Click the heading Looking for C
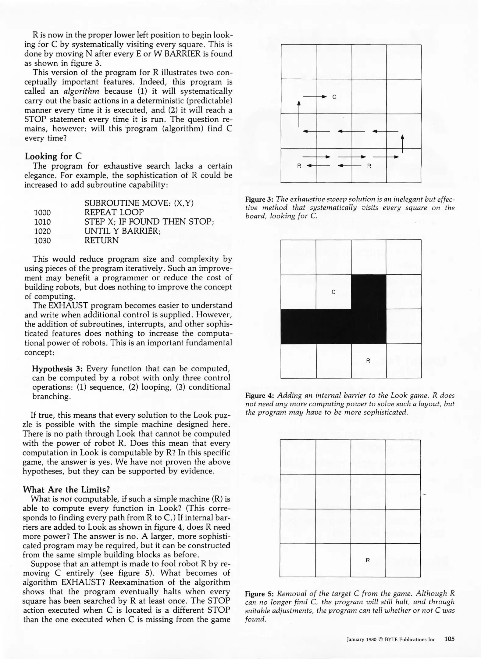click(53, 157)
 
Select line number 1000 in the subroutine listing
click(42, 213)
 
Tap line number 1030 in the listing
click(42, 241)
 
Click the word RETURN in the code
click(102, 240)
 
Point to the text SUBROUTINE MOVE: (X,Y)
click(139, 203)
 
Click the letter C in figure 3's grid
click(334, 97)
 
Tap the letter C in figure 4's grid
click(333, 292)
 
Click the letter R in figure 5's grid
click(368, 560)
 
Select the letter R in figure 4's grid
click(368, 361)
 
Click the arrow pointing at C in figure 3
click(315, 97)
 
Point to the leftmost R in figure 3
click(299, 166)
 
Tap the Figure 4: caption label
click(259, 396)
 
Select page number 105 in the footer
click(449, 639)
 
